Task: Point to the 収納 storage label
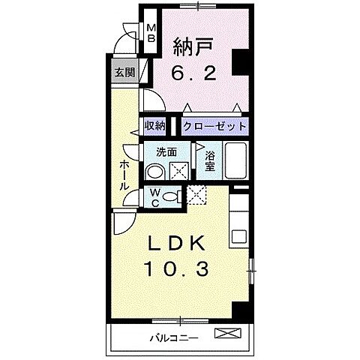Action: coord(154,126)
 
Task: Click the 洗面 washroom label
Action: coord(166,151)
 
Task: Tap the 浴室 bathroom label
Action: coord(210,160)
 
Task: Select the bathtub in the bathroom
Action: coord(237,159)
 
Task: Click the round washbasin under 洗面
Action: coord(155,172)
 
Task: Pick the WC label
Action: coord(154,197)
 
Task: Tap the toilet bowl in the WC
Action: coord(172,197)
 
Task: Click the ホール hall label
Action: coord(124,174)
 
